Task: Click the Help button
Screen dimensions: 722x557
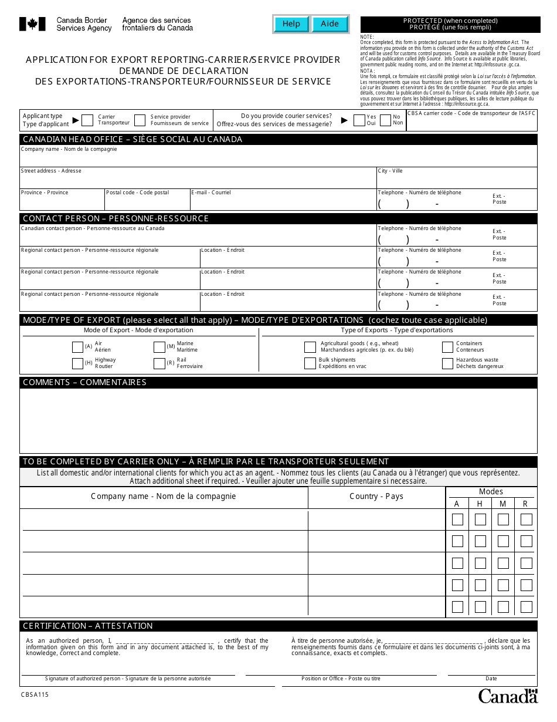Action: (x=291, y=24)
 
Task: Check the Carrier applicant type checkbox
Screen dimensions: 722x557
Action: (x=87, y=120)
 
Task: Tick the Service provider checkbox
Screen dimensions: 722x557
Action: (x=140, y=120)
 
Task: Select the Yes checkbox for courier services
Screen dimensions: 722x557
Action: (x=359, y=120)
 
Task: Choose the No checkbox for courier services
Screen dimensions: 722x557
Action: (x=385, y=120)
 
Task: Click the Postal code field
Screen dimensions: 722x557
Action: (x=147, y=203)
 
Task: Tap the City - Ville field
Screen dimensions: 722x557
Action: (x=457, y=180)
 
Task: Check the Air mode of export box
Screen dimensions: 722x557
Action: (x=77, y=347)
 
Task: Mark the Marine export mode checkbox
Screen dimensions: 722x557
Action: (x=159, y=347)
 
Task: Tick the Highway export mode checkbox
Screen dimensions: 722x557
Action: (x=77, y=363)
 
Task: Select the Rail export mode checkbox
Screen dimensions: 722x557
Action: (x=159, y=363)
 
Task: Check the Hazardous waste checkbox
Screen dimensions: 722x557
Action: (x=447, y=363)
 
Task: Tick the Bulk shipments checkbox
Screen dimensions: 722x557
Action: (x=310, y=363)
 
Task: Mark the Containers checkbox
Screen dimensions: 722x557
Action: (x=447, y=347)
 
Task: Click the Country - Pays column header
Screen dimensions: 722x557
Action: (x=376, y=497)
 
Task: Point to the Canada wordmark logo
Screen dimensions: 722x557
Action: (x=508, y=696)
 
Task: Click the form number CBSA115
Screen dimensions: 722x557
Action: (x=36, y=694)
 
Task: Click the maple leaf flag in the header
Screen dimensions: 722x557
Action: (x=33, y=24)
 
